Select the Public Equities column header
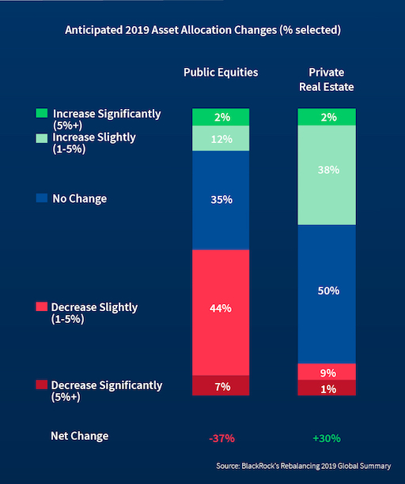point(221,73)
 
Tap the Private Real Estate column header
point(327,79)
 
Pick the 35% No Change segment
point(221,200)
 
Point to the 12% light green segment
point(221,139)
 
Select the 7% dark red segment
point(221,385)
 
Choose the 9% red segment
point(327,372)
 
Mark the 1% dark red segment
point(327,388)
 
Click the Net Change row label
point(80,436)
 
